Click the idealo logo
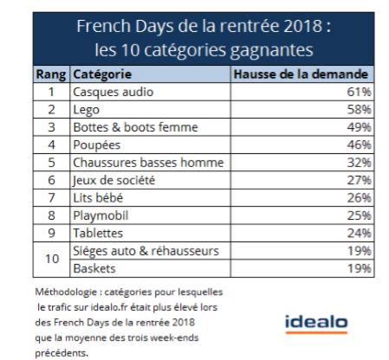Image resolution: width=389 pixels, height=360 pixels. point(316,324)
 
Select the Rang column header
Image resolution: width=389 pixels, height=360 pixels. point(51,74)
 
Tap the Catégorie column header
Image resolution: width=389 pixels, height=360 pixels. point(102,74)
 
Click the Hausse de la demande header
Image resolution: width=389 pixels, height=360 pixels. point(301,74)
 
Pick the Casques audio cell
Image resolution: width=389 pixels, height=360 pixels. point(113,92)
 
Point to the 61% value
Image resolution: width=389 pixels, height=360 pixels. point(359,92)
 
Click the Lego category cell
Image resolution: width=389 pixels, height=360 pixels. point(87,110)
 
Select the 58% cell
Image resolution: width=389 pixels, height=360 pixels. point(359,110)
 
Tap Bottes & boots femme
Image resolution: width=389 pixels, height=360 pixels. point(135,127)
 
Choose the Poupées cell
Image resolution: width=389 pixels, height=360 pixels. point(97,145)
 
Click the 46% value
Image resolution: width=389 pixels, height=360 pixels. point(359,145)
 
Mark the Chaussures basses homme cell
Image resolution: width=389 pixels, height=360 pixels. point(148,163)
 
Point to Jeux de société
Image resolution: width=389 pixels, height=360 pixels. point(113,181)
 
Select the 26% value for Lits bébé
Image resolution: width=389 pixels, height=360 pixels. point(359,198)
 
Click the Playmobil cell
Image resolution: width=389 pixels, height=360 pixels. point(100,215)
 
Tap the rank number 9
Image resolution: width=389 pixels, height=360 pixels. point(51,233)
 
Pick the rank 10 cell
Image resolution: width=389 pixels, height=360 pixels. point(52,259)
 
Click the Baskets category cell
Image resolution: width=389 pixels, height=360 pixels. point(94,268)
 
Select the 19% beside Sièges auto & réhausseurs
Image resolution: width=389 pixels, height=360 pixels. point(359,251)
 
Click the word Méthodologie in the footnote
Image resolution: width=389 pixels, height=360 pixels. point(66,292)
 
